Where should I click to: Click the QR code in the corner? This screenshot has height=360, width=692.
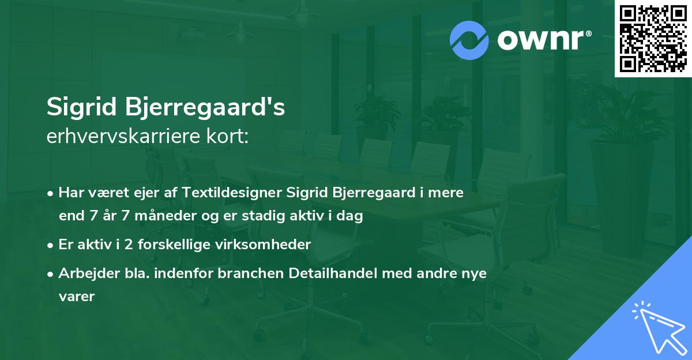pyautogui.click(x=653, y=39)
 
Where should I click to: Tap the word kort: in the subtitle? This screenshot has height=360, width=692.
pyautogui.click(x=228, y=137)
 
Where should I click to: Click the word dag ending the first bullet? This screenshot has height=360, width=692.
pyautogui.click(x=351, y=217)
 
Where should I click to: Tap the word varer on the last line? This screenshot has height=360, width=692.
pyautogui.click(x=76, y=297)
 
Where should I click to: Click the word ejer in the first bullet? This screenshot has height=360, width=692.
pyautogui.click(x=157, y=193)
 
